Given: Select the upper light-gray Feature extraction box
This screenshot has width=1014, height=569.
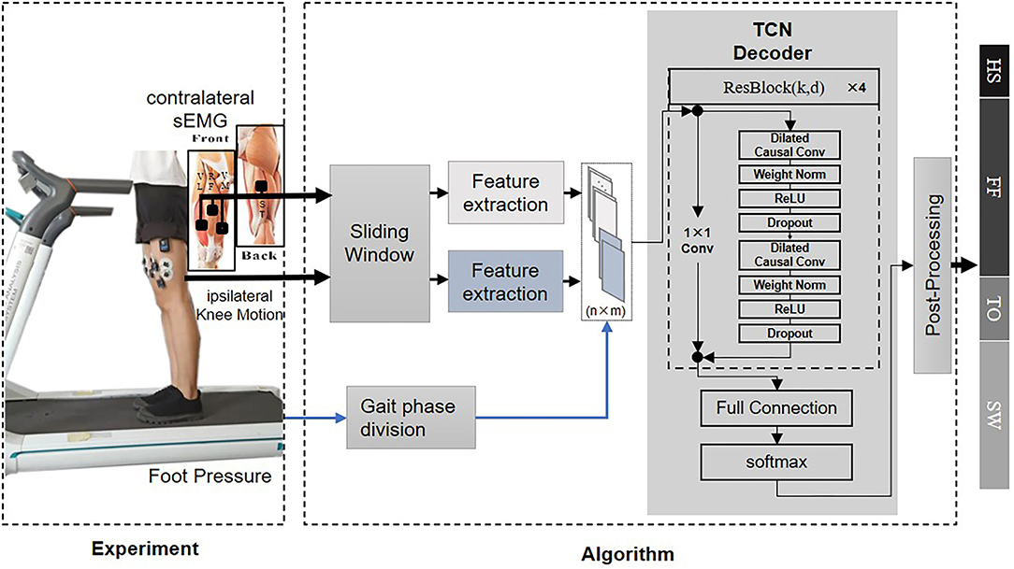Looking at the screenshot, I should pos(505,192).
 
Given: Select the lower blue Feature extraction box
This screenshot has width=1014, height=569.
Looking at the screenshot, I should pos(505,281).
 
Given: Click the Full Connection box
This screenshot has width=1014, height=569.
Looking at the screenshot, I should pos(776,408).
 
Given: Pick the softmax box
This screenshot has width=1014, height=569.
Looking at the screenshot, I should pos(776,462).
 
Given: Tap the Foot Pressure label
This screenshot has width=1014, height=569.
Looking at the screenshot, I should pos(210,477).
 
